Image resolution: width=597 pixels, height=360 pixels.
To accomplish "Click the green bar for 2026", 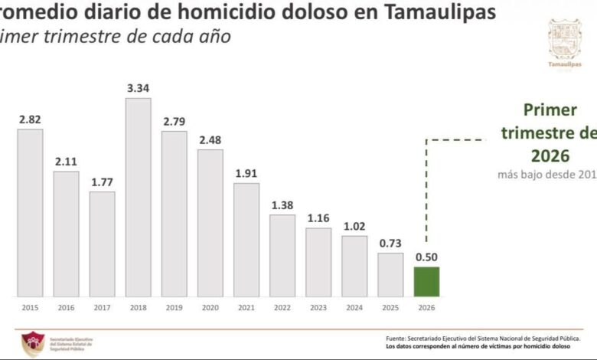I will pyautogui.click(x=426, y=281).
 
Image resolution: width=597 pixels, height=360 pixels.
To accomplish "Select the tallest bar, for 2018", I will pyautogui.click(x=138, y=197).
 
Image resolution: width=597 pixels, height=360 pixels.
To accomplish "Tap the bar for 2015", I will pyautogui.click(x=30, y=212).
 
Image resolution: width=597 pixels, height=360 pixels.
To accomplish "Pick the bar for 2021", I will pyautogui.click(x=246, y=239).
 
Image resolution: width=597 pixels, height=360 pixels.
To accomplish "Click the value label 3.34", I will pyautogui.click(x=138, y=88).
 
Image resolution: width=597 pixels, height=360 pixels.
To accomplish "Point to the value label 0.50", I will pyautogui.click(x=426, y=257).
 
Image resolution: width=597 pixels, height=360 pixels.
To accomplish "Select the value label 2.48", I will pyautogui.click(x=210, y=139).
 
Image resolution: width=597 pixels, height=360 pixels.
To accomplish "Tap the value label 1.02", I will pyautogui.click(x=354, y=226).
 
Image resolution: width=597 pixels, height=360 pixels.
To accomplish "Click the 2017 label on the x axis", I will pyautogui.click(x=102, y=307).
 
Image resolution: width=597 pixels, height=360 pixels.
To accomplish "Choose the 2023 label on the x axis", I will pyautogui.click(x=318, y=307).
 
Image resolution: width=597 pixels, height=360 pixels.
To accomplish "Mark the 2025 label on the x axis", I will pyautogui.click(x=390, y=307).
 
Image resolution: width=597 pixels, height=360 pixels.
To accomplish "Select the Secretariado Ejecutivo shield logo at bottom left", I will pyautogui.click(x=32, y=344).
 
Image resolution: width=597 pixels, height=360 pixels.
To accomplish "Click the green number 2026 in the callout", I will pyautogui.click(x=549, y=155).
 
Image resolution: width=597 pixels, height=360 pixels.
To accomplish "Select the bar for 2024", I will pyautogui.click(x=354, y=265).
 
